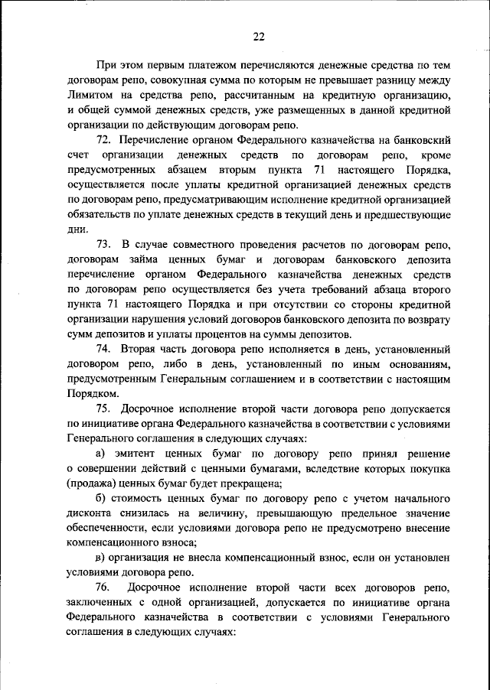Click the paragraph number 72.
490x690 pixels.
(106, 140)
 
